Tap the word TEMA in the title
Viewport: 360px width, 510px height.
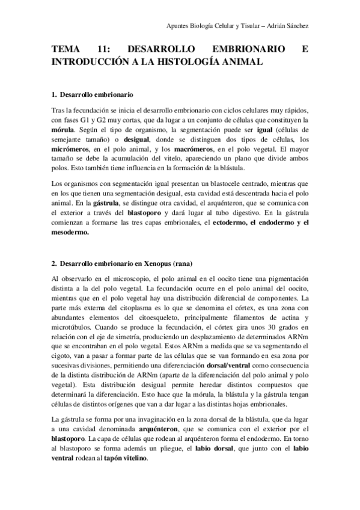point(66,51)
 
